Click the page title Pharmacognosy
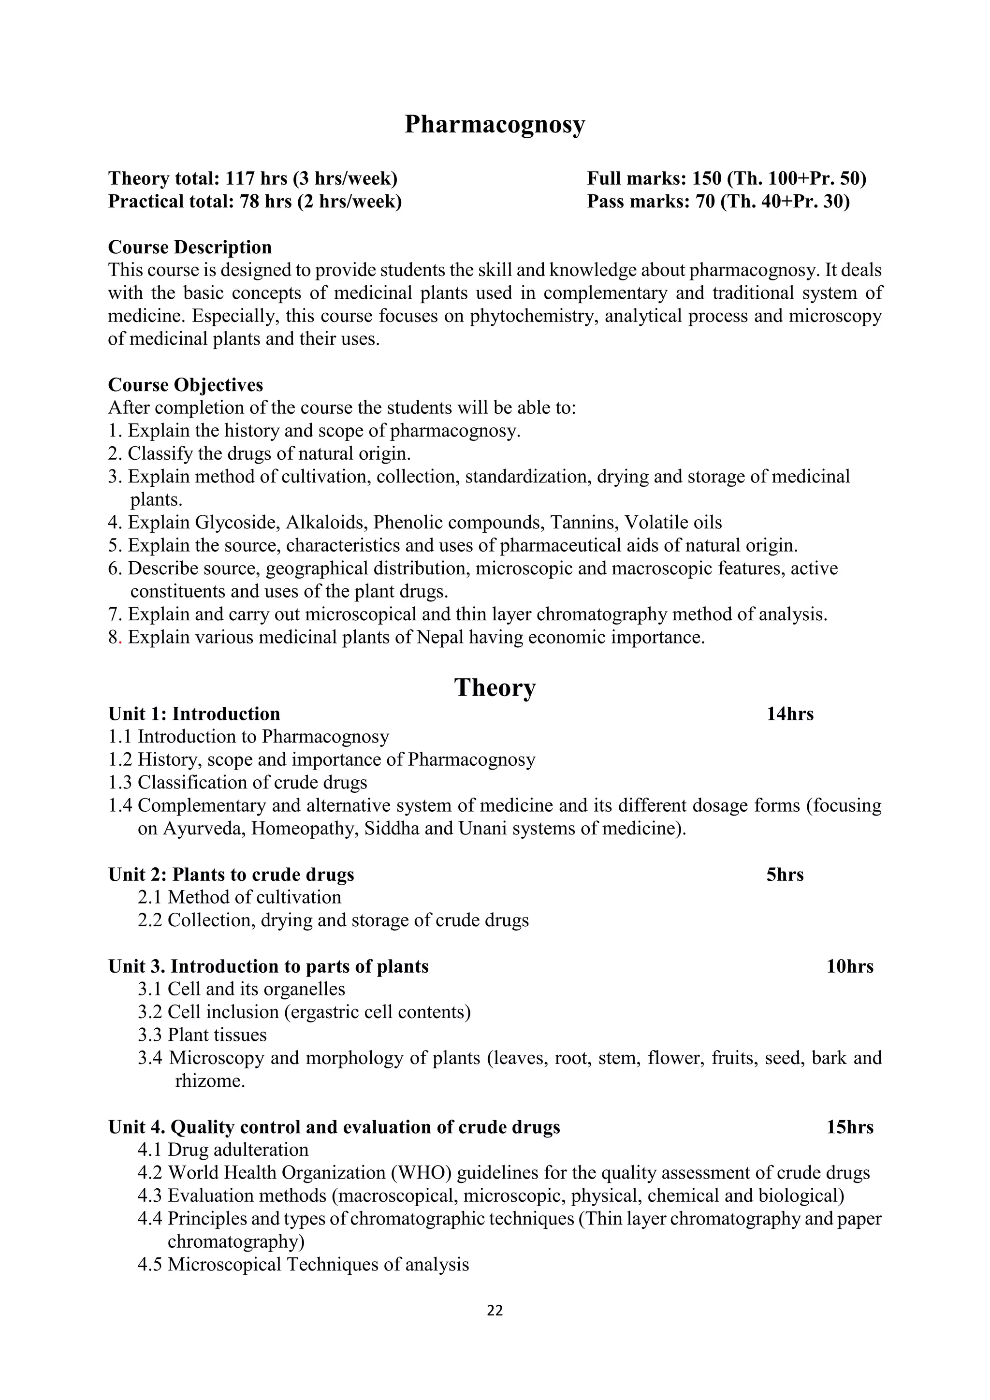pos(495,125)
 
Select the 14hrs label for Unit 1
pos(789,714)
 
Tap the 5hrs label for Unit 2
pos(785,875)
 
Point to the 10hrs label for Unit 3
pos(849,966)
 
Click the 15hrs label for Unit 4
pos(849,1127)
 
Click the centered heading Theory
pos(495,687)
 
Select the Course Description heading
pos(189,248)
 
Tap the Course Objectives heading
pos(185,385)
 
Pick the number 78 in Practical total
pos(249,202)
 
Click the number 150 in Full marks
pos(705,179)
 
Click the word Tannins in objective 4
pos(582,523)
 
